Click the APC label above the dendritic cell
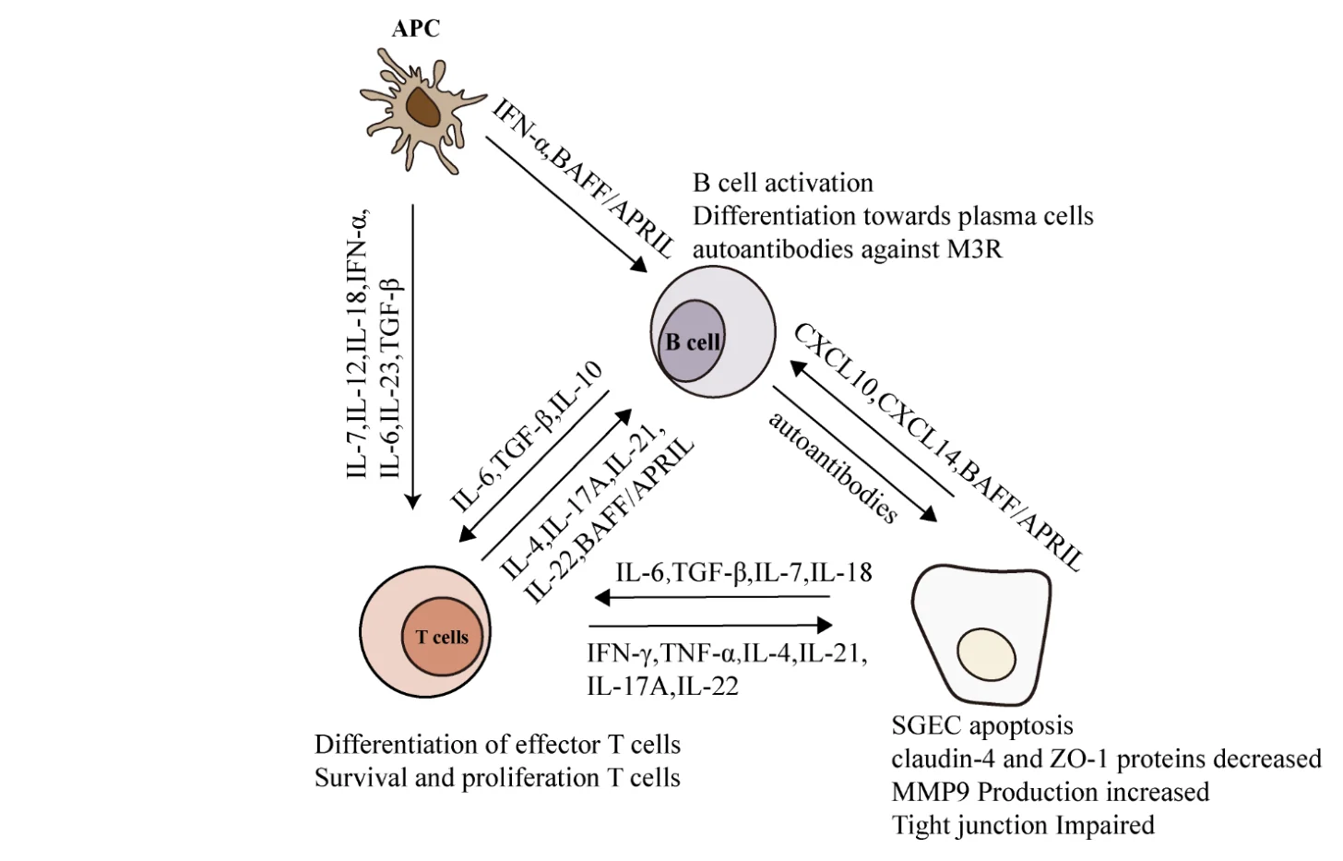(415, 29)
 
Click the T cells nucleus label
(442, 637)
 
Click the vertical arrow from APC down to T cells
(412, 356)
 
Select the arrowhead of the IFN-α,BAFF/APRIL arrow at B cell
(638, 264)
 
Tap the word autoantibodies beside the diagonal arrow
(834, 467)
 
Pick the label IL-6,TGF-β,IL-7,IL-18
(743, 573)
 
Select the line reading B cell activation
(783, 183)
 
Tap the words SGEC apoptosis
(982, 725)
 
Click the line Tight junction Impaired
(1023, 826)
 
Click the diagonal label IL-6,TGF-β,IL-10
(527, 436)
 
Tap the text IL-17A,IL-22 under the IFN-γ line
(662, 687)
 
